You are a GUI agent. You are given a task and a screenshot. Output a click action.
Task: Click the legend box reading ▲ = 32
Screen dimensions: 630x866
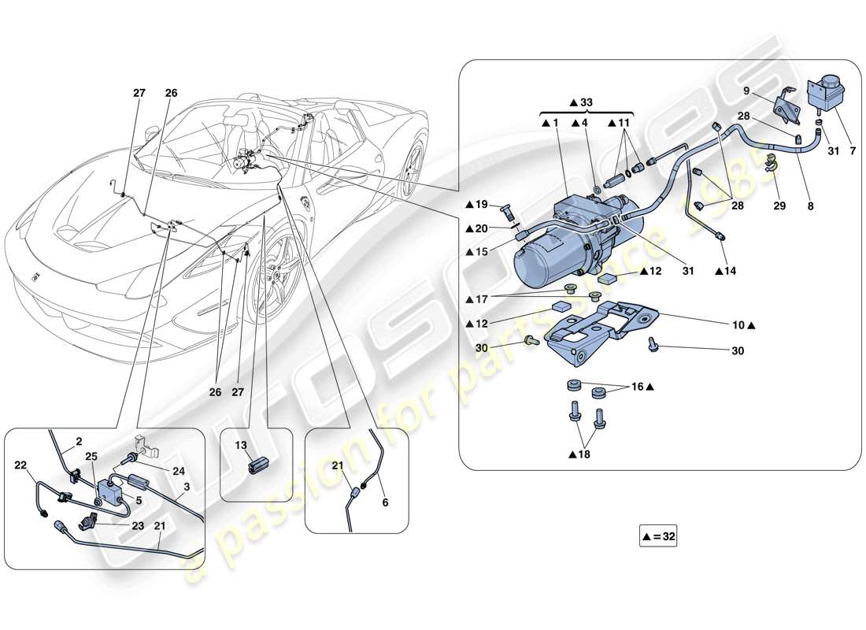[x=658, y=537]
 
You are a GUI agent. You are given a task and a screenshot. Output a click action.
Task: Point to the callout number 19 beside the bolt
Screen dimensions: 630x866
[x=482, y=205]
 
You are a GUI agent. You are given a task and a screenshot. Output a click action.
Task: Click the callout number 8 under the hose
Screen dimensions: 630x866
[x=810, y=207]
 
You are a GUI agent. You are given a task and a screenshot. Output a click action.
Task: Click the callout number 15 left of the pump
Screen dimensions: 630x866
[x=482, y=251]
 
